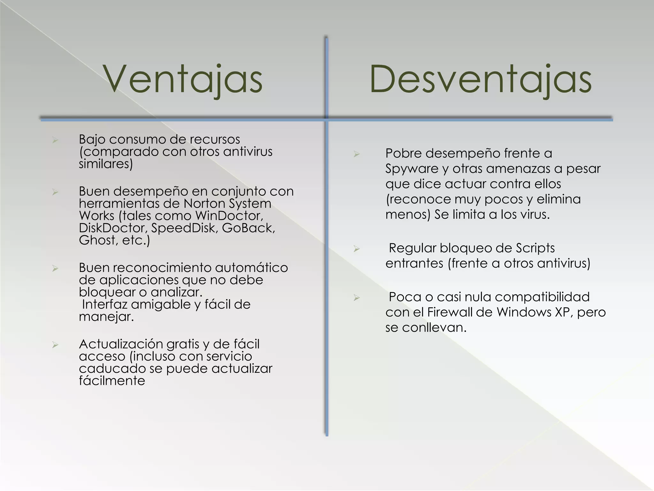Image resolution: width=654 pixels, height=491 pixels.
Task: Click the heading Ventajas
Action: pos(183,79)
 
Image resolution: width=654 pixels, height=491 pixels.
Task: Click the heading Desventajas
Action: pos(480,79)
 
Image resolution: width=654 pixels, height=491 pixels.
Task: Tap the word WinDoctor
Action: pos(229,216)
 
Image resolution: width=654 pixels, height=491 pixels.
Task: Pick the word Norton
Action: pos(204,204)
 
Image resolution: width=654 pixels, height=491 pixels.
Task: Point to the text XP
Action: pos(562,312)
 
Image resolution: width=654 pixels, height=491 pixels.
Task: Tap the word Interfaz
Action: pos(104,304)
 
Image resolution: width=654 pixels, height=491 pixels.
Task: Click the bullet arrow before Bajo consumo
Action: pos(55,140)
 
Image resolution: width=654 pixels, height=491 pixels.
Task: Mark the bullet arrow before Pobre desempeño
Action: pos(357,154)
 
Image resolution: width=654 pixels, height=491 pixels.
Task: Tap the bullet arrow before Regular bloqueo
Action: pos(357,249)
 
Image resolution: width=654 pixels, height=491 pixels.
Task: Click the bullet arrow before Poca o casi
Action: pos(357,298)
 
